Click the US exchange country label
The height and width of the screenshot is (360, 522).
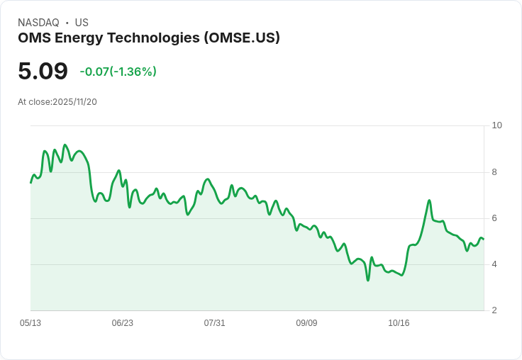tap(82, 23)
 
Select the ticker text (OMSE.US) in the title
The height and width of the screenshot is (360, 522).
tap(242, 38)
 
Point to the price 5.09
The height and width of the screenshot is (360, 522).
tap(43, 71)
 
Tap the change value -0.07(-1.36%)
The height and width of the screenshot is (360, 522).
tap(118, 72)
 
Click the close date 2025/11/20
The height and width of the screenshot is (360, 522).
tap(74, 102)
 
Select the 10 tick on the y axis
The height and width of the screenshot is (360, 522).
tap(496, 125)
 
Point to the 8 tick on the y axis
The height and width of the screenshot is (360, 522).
tap(494, 171)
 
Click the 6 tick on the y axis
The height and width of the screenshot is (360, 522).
tap(494, 218)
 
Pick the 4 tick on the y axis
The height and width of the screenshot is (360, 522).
tap(494, 264)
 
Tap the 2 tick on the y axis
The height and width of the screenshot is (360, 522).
tap(494, 310)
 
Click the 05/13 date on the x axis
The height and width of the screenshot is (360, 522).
tap(30, 323)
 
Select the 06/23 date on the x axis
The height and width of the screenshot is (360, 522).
tap(123, 323)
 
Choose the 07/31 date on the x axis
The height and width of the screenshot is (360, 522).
tap(214, 323)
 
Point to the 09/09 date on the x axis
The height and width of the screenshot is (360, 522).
tap(306, 323)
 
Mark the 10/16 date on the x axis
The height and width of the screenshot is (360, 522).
tap(399, 323)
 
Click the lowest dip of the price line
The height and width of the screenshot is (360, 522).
tap(368, 280)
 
